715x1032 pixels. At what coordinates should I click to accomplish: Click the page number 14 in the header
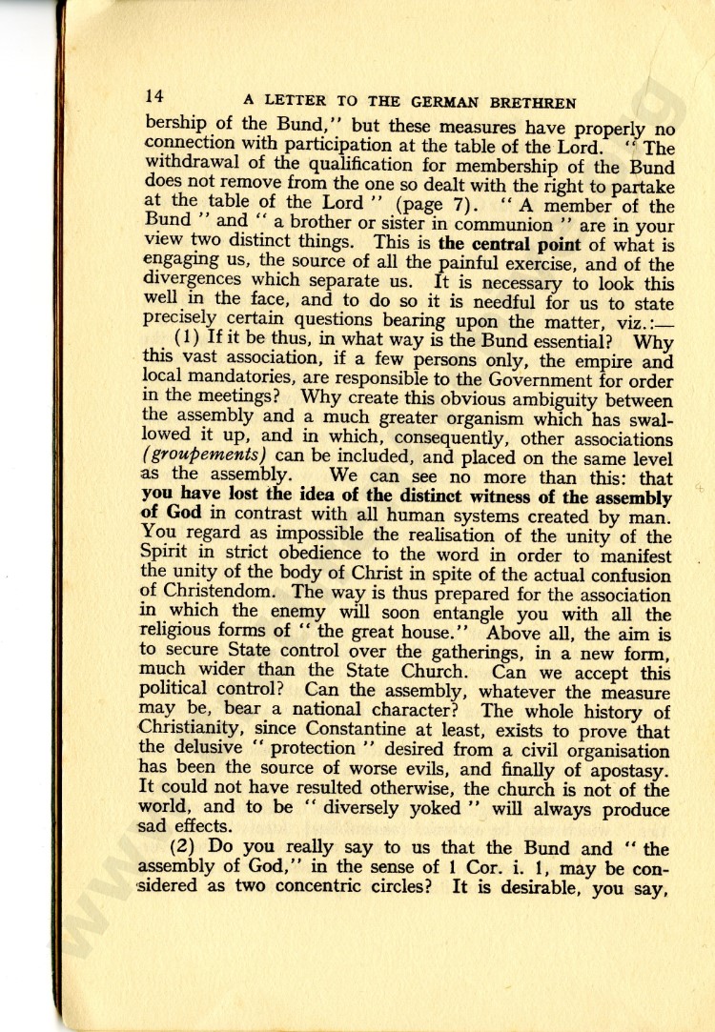[x=155, y=97]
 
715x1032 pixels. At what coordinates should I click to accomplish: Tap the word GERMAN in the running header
[x=453, y=102]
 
